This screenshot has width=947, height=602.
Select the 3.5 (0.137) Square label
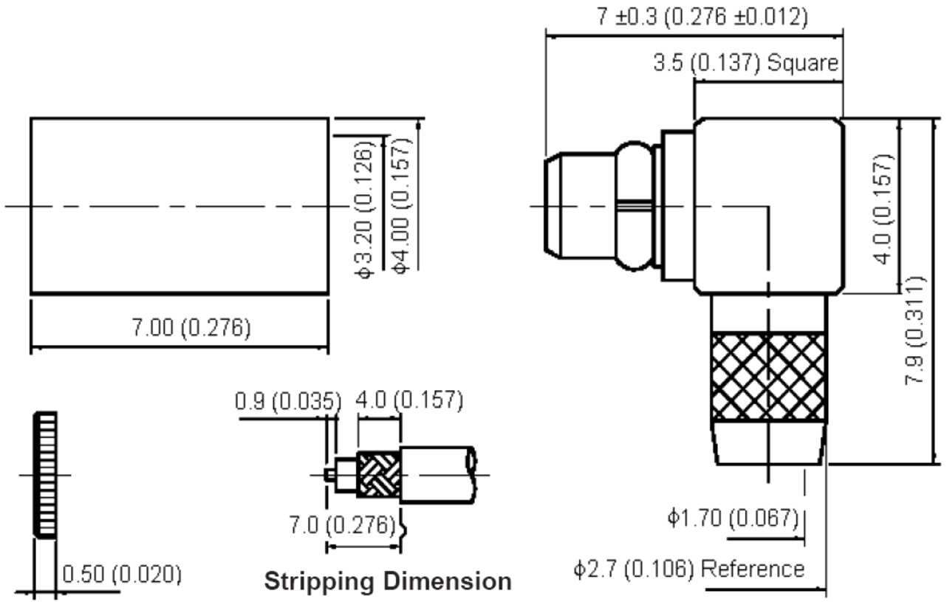coord(747,64)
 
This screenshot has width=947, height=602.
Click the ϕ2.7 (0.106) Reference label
coord(688,569)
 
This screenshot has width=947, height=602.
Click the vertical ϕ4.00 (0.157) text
coord(402,205)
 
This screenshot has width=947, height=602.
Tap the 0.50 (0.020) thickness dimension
coord(121,574)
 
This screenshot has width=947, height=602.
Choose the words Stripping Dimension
coord(387,581)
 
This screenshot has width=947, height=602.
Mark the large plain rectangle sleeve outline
coord(179,205)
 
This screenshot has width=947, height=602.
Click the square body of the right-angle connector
coord(768,205)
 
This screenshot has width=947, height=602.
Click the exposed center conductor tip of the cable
coord(329,473)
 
